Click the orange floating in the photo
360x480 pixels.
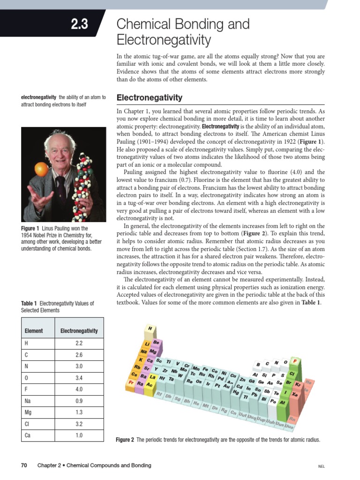pos(42,169)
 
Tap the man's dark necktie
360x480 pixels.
pos(60,187)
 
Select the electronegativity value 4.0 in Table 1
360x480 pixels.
pos(79,389)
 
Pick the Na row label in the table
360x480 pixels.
pos(28,401)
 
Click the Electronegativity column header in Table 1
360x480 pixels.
pos(79,330)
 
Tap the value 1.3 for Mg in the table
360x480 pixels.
pos(79,412)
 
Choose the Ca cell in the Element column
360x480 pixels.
pos(28,435)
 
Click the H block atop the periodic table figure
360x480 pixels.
pos(150,329)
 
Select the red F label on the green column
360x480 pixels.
pos(294,361)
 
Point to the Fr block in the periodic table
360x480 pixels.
pos(131,382)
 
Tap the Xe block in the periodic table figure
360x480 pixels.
pos(295,395)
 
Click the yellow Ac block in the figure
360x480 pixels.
pos(150,385)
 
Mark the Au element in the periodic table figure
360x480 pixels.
pos(226,386)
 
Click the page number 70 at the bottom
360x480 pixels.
pos(24,465)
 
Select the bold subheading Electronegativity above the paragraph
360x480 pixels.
pos(149,98)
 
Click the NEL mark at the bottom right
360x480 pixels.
pos(321,466)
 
